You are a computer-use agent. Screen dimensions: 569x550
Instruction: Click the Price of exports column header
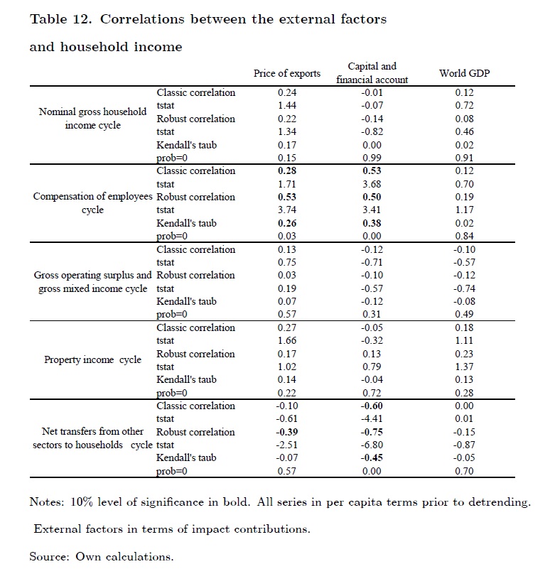(286, 73)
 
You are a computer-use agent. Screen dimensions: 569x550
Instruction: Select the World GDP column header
(464, 73)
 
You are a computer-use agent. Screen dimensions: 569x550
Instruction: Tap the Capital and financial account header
(372, 73)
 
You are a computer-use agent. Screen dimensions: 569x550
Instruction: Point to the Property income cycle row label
(92, 359)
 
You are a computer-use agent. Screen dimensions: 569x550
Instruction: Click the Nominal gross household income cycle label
(93, 119)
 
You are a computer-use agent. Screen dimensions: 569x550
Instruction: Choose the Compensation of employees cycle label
(93, 203)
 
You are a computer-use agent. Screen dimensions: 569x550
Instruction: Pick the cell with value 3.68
(372, 184)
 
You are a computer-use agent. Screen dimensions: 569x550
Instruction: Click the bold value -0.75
(372, 432)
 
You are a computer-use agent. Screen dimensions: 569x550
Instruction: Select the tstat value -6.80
(372, 445)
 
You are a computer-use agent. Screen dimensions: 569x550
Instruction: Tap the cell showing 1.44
(286, 105)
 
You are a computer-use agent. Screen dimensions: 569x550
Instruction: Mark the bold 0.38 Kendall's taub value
(372, 223)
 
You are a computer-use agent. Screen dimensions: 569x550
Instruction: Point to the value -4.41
(372, 419)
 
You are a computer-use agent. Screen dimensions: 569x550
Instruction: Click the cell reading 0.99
(372, 158)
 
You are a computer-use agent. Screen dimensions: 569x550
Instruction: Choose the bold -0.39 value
(286, 432)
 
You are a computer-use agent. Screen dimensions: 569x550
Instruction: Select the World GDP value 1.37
(464, 367)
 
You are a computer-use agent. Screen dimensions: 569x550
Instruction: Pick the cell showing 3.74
(286, 210)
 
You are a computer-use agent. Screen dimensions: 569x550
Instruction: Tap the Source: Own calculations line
(101, 556)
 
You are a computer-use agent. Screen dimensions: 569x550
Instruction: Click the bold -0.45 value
(372, 458)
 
